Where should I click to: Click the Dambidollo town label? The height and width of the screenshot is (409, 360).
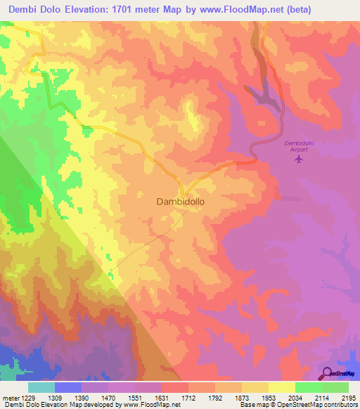pos(185,201)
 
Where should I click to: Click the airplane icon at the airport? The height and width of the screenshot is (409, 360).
pos(299,159)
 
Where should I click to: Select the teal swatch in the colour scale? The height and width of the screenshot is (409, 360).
pos(41,387)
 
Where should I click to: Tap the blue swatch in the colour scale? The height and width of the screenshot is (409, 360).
pos(68,387)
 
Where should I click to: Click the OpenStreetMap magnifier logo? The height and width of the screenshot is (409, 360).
pos(326,373)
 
